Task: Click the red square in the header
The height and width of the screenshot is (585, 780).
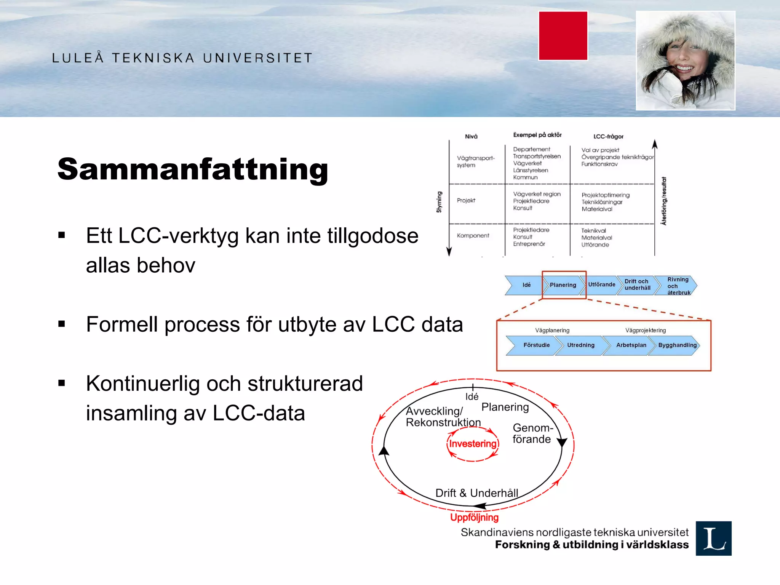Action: pos(563,36)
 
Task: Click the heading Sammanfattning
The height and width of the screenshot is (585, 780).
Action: pos(193,169)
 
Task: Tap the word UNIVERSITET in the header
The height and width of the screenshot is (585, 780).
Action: pos(257,58)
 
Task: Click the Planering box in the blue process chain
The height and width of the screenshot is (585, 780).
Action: pos(563,285)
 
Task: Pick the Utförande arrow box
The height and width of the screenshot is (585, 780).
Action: pos(601,285)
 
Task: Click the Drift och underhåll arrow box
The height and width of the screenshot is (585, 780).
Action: pos(637,285)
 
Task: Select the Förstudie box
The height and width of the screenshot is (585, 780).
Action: pos(535,345)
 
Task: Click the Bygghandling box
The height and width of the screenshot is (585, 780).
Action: pos(676,345)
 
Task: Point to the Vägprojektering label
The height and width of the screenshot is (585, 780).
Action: pos(645,330)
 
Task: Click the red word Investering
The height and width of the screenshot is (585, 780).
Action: pos(473,444)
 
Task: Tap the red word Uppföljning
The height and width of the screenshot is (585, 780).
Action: pos(474,517)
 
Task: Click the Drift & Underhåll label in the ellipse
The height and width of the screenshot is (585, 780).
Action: pos(476,493)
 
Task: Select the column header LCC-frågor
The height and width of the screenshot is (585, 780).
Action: pos(608,136)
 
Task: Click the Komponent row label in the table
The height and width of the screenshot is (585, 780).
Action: pos(473,235)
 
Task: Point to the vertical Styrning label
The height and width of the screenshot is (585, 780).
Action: pos(439,202)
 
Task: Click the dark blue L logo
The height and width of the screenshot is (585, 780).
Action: pos(713,538)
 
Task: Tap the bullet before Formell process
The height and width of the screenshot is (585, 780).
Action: pos(62,324)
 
